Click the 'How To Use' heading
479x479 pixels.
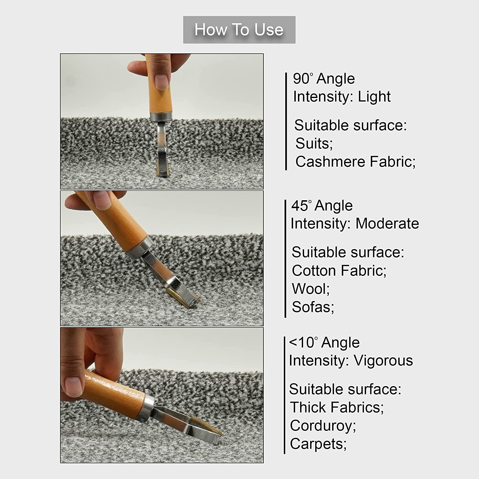239,30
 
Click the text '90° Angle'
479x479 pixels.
324,79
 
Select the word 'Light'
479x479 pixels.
374,96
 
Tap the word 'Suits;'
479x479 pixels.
314,143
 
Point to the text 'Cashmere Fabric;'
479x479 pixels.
355,162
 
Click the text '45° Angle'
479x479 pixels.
322,205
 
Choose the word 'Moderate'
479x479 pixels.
387,223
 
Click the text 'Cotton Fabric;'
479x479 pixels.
339,270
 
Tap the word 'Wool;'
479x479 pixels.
311,289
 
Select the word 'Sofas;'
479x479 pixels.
313,307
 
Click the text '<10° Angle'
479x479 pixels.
324,342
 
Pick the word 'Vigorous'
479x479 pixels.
383,361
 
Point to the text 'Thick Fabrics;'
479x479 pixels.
337,407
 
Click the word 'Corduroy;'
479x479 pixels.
323,426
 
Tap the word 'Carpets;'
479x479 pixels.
318,444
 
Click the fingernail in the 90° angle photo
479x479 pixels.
162,82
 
